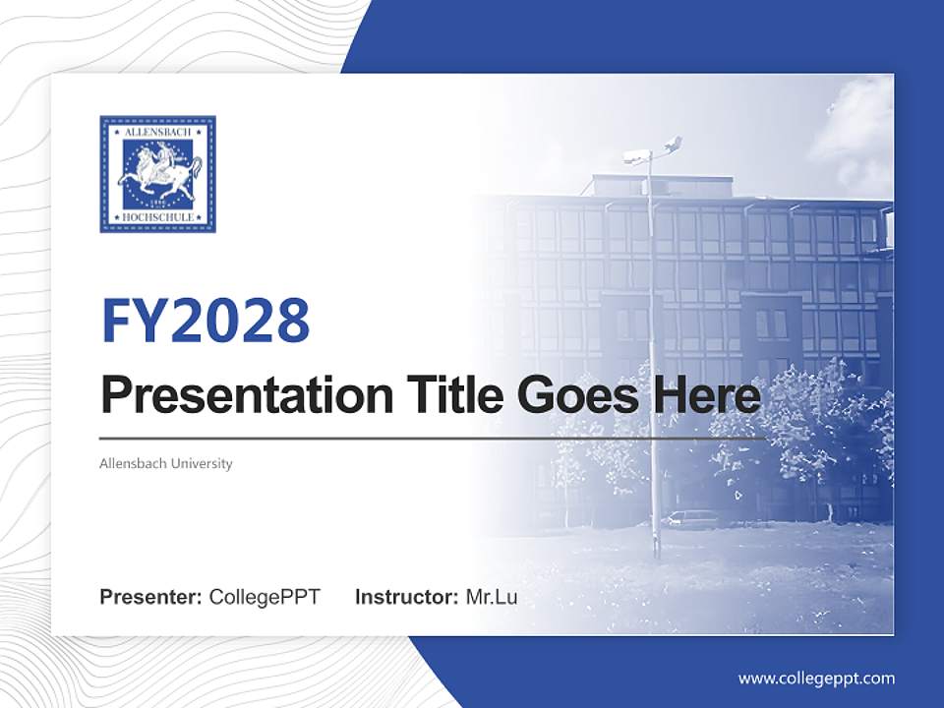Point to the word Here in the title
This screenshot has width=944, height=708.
pos(706,395)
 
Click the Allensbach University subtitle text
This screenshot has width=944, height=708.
pos(166,463)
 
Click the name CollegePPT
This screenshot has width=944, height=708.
pos(265,597)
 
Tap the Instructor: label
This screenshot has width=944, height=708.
pos(406,597)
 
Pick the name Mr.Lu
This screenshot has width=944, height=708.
pos(492,597)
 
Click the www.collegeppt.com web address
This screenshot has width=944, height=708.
pos(816,678)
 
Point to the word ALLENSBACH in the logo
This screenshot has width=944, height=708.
pos(157,130)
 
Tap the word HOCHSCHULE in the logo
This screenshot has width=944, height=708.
pos(157,217)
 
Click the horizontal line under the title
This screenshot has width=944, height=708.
pos(433,438)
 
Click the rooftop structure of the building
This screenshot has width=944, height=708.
pos(664,185)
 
